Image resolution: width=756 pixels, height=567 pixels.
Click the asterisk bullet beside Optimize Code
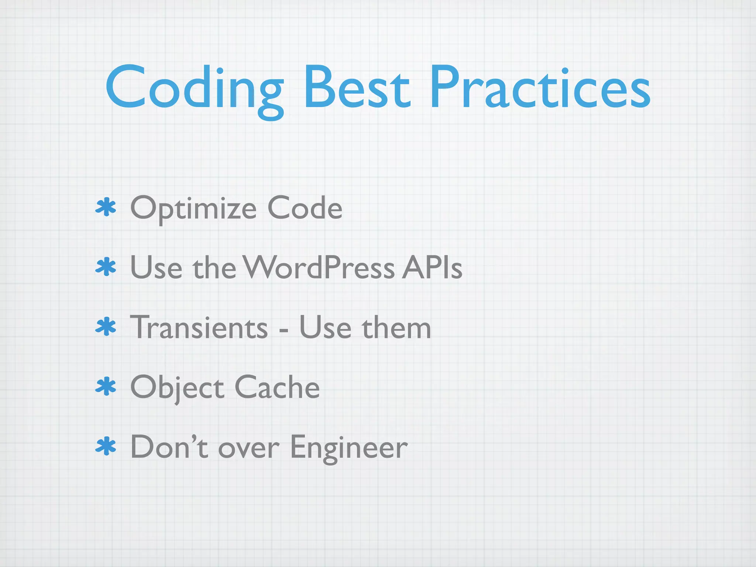(106, 207)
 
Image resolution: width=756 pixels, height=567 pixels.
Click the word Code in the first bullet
(305, 208)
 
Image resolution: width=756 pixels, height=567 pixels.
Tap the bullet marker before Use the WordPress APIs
(106, 267)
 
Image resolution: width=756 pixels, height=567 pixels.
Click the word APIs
(432, 267)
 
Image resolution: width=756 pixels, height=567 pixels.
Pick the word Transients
(199, 327)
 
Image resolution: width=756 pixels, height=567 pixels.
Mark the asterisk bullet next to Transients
(106, 327)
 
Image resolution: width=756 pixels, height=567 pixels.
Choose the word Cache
(277, 387)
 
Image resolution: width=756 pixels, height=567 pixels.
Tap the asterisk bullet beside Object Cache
(106, 386)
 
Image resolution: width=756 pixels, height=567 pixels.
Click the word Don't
(169, 447)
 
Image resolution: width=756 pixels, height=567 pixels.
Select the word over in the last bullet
(248, 449)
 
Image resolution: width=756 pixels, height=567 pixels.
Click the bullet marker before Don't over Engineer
(106, 447)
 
